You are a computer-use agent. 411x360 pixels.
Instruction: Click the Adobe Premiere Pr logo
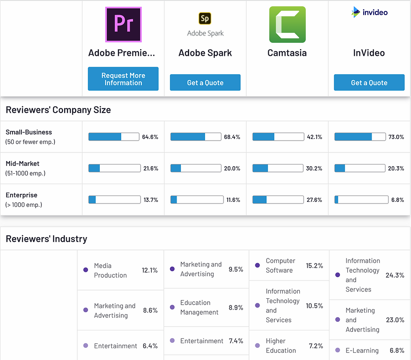(123, 24)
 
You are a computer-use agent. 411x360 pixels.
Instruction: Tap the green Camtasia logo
(287, 24)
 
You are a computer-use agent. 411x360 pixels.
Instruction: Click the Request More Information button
(123, 79)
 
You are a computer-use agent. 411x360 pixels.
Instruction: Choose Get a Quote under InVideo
(369, 83)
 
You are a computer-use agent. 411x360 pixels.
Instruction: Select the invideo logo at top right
(369, 12)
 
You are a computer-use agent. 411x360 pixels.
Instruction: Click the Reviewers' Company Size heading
(58, 110)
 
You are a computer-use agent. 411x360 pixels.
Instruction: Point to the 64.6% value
(150, 137)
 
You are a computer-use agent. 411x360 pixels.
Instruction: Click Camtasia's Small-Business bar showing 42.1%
(278, 137)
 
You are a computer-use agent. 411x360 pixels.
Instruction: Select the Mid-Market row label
(23, 164)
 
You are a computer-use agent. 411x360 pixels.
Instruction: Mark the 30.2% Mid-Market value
(315, 168)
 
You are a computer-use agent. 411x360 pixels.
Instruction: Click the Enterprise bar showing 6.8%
(360, 200)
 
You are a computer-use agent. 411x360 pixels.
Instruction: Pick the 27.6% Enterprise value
(315, 200)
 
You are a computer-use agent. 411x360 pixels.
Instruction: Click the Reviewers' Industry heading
(47, 239)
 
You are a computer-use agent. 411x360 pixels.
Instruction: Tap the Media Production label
(110, 270)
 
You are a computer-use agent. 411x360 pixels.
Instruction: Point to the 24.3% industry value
(395, 275)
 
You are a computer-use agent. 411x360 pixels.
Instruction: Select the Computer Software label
(281, 265)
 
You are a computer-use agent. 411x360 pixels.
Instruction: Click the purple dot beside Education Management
(172, 307)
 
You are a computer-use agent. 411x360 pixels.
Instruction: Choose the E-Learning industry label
(362, 350)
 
